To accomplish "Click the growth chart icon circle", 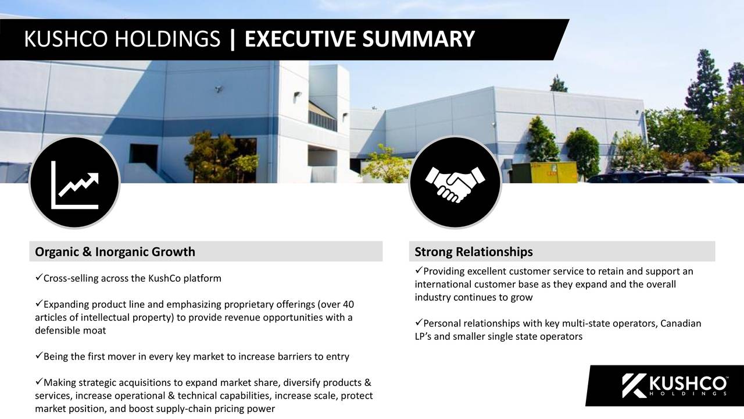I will pos(74,183).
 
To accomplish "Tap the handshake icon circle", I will pos(455,183).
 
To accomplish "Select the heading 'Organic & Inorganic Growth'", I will pos(115,252).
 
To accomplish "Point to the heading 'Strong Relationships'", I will pos(474,252).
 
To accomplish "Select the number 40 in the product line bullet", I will pos(348,305).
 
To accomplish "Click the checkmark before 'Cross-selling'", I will pos(39,277).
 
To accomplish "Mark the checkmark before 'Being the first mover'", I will pos(39,356).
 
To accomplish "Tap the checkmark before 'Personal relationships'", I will pos(419,323).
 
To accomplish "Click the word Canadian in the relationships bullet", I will pos(681,324).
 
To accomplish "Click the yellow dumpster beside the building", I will pos(545,172).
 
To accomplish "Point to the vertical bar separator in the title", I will pos(233,40).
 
